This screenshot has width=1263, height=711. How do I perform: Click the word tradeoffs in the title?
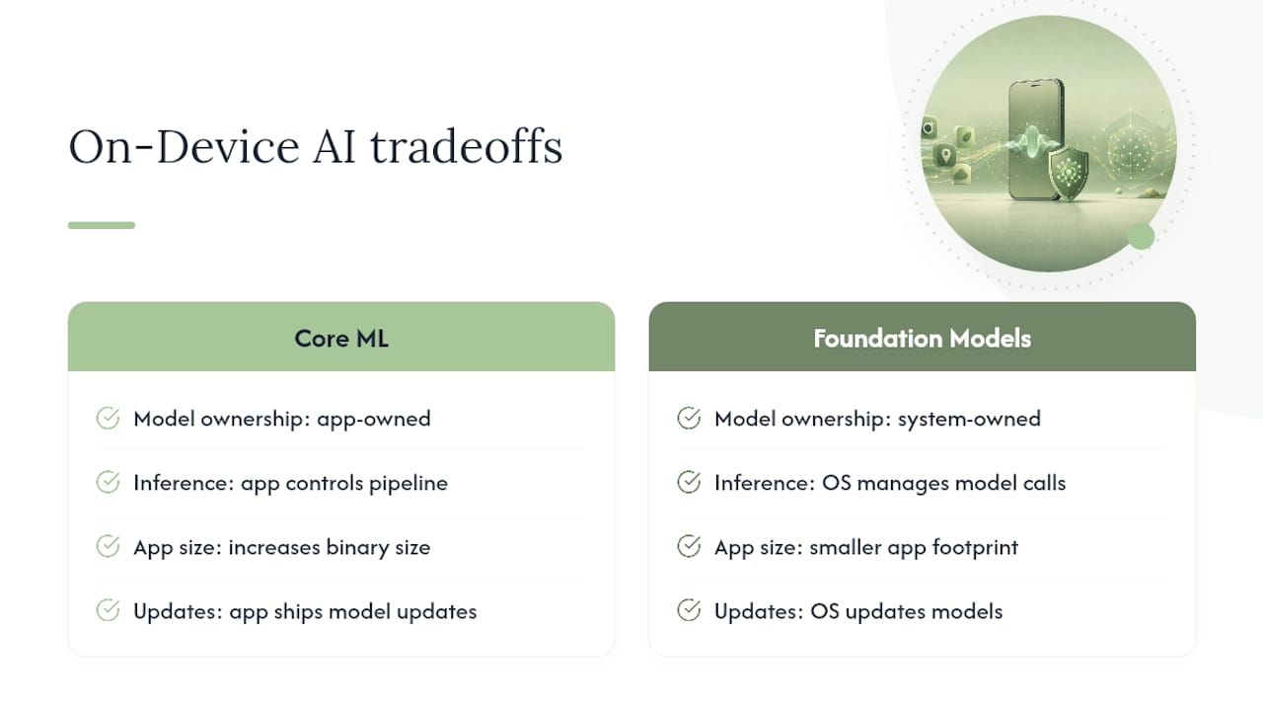click(x=467, y=147)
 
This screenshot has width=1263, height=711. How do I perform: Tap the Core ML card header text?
click(x=341, y=339)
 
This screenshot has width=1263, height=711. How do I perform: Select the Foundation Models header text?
click(x=922, y=339)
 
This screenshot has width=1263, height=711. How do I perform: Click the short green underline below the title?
click(x=102, y=225)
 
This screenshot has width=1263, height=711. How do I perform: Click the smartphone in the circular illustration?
click(x=1036, y=139)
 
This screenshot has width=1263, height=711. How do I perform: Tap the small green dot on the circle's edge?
click(x=1142, y=236)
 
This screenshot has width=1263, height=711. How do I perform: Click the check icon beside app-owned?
click(x=108, y=418)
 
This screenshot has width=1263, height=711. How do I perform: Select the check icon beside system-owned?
click(x=689, y=418)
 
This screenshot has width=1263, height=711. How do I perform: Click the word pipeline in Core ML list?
click(x=409, y=484)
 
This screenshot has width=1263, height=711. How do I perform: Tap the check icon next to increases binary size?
click(x=108, y=546)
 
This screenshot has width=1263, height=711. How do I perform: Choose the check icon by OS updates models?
click(x=689, y=610)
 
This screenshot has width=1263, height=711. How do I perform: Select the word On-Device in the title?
click(x=184, y=147)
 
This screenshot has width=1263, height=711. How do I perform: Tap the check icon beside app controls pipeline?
click(x=108, y=482)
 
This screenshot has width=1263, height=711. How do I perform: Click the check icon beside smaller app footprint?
click(x=689, y=546)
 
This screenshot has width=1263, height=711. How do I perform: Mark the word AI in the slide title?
click(x=334, y=147)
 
